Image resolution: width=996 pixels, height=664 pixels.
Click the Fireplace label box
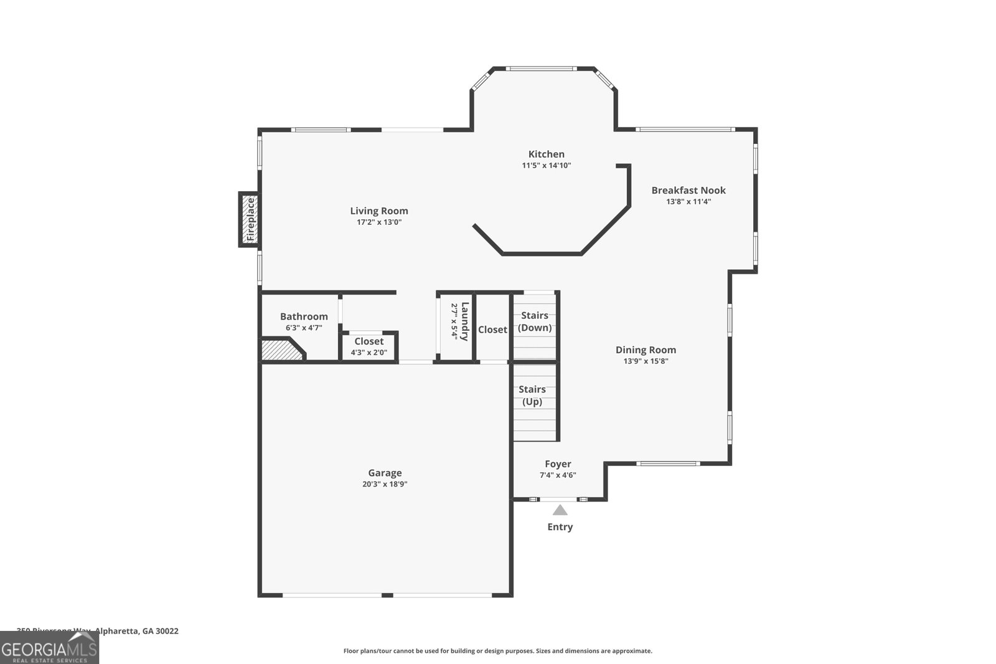click(x=250, y=219)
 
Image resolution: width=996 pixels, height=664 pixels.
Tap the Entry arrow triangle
click(x=560, y=510)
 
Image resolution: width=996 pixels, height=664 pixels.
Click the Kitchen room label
click(x=546, y=154)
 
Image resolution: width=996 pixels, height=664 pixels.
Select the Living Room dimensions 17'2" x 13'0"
click(x=378, y=222)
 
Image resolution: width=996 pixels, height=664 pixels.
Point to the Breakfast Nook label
click(x=688, y=191)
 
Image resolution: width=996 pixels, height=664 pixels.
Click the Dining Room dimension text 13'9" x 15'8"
click(x=646, y=361)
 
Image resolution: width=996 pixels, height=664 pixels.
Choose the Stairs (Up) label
click(x=532, y=396)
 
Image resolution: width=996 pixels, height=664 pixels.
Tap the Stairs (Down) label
click(x=535, y=321)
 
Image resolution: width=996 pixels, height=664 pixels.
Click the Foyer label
click(x=558, y=464)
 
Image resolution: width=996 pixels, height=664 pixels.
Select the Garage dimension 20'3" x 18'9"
click(x=385, y=484)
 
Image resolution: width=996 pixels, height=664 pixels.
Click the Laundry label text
click(x=465, y=321)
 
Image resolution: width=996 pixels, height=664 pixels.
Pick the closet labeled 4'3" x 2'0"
click(x=369, y=346)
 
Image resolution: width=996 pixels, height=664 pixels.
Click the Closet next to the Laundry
click(x=492, y=330)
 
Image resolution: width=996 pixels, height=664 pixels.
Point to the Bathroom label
click(x=304, y=316)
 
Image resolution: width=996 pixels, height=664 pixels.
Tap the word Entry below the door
click(x=560, y=527)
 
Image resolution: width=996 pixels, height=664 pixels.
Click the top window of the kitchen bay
click(x=541, y=69)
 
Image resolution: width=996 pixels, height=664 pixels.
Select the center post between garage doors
click(x=387, y=595)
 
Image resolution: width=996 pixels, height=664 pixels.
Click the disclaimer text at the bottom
click(x=497, y=651)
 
